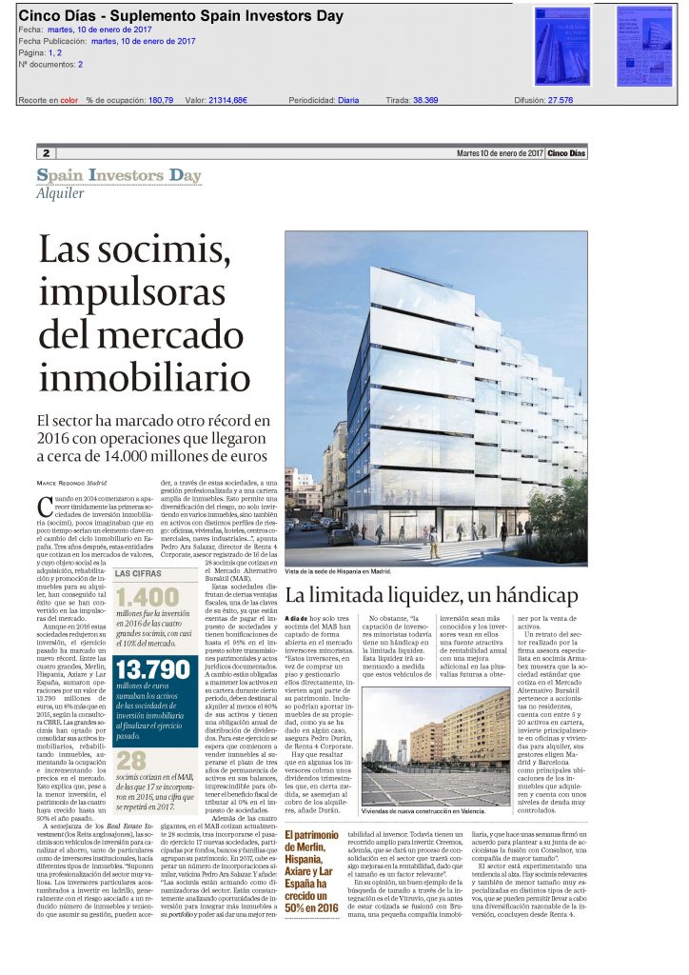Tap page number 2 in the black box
click(46, 153)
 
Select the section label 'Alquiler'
click(60, 192)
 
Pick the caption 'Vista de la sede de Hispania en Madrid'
click(337, 571)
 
